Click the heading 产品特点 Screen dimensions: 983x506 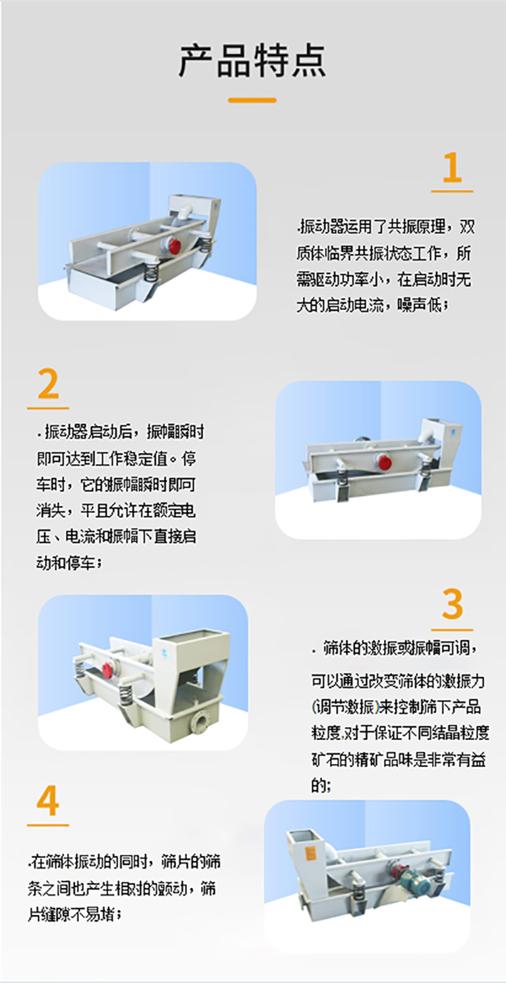pos(252,61)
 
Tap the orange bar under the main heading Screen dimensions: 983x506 pos(252,101)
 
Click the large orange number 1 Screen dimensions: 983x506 pos(452,169)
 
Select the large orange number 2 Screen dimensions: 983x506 pos(48,386)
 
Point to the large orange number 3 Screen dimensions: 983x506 pos(452,604)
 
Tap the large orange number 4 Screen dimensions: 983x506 pos(48,801)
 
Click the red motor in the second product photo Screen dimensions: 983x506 pos(385,462)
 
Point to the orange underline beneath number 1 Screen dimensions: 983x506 pos(452,192)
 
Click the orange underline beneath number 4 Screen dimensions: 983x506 pos(48,825)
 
